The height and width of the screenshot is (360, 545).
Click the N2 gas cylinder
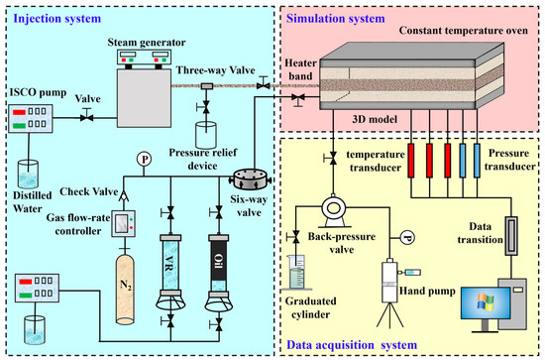click(125, 290)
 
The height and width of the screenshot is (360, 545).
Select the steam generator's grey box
click(144, 98)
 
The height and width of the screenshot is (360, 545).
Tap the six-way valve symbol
click(251, 180)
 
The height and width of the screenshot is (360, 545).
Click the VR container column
click(170, 265)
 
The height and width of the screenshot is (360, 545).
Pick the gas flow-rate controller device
click(123, 224)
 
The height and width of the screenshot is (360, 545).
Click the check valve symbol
click(124, 195)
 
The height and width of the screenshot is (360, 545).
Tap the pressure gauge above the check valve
click(144, 160)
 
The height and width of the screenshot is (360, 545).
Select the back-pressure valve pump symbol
click(334, 211)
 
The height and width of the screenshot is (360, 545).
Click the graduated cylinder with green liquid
click(296, 272)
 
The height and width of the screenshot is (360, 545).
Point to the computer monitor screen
click(486, 302)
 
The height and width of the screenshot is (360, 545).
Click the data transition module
click(511, 235)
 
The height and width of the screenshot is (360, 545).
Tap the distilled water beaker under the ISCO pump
click(29, 174)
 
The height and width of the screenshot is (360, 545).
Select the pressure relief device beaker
click(206, 135)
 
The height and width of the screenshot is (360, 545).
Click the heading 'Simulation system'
click(335, 18)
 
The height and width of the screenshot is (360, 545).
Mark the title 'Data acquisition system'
click(352, 345)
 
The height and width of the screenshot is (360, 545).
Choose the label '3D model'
click(375, 119)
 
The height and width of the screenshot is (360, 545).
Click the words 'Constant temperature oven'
click(464, 31)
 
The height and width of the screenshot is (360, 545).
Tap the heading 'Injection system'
click(57, 18)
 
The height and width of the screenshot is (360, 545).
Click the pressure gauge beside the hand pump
click(407, 238)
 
